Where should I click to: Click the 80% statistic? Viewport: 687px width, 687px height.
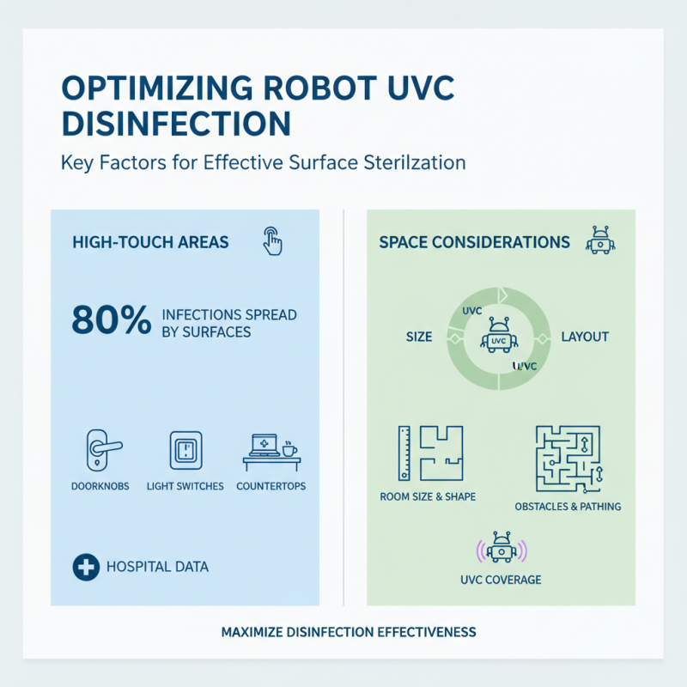click(109, 320)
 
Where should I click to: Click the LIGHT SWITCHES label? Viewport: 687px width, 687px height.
click(185, 486)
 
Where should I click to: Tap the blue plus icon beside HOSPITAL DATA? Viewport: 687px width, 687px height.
click(83, 567)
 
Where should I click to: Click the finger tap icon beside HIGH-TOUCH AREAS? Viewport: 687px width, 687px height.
click(271, 241)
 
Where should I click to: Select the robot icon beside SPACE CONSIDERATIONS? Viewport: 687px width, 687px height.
click(599, 241)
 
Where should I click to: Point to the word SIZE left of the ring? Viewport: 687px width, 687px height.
click(419, 337)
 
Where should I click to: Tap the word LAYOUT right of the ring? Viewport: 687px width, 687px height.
click(584, 337)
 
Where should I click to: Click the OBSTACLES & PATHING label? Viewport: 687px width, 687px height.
click(568, 507)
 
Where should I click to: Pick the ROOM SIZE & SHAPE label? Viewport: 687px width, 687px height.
click(428, 496)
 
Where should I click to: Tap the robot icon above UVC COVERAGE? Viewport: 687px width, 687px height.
click(501, 549)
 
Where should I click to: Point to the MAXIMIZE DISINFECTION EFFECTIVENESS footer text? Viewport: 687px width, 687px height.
click(349, 632)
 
